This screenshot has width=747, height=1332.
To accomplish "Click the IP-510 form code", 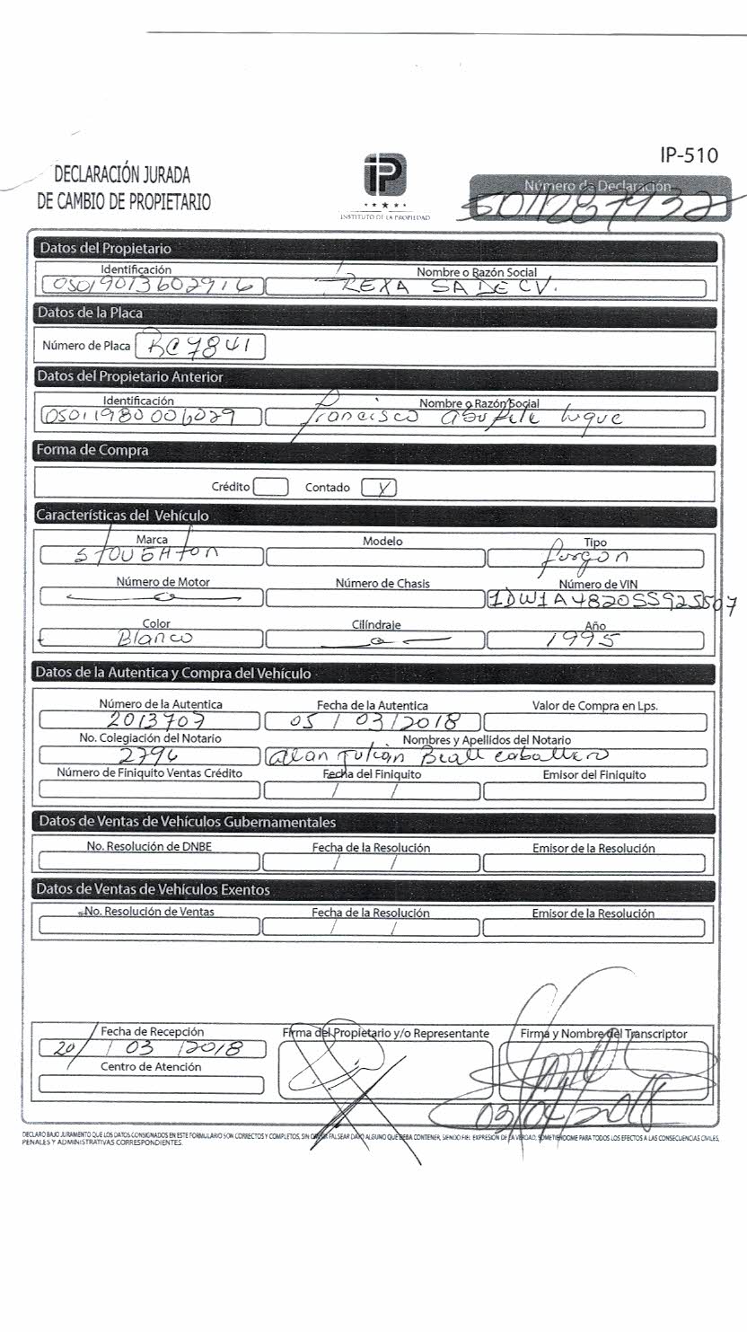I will [689, 155].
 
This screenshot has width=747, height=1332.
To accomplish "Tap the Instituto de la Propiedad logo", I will [385, 175].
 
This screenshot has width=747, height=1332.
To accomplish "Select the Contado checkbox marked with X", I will [379, 488].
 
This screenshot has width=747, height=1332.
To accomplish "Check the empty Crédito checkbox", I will [270, 488].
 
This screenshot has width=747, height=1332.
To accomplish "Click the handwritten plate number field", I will [199, 347].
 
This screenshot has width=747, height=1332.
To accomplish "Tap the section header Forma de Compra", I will [92, 451].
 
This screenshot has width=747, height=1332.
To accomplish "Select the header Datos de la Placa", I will [89, 313].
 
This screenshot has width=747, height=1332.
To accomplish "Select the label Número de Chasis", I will [382, 584].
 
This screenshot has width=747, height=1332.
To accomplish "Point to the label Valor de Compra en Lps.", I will [594, 706].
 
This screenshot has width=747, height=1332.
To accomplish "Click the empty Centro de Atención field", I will [151, 1084].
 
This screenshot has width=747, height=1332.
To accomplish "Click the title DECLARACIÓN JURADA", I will [122, 175].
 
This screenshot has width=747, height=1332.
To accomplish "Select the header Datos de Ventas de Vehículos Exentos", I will [154, 889].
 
